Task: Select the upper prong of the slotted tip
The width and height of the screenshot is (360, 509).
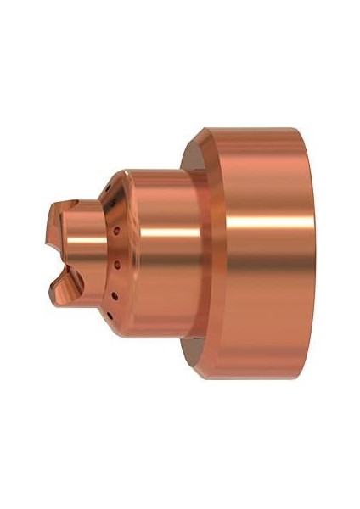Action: [x=65, y=212]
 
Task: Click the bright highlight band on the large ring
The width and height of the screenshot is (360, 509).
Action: [x=246, y=229]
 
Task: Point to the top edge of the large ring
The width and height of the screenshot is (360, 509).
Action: [x=246, y=128]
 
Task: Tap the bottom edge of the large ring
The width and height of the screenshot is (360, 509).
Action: [x=246, y=380]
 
